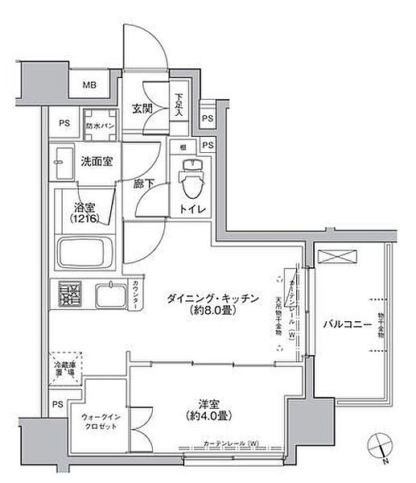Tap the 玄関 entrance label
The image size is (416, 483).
144,109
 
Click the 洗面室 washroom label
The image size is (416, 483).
96,162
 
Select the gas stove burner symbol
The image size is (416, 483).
69,295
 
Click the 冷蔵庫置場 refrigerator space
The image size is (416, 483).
66,369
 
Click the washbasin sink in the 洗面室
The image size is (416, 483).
62,165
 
